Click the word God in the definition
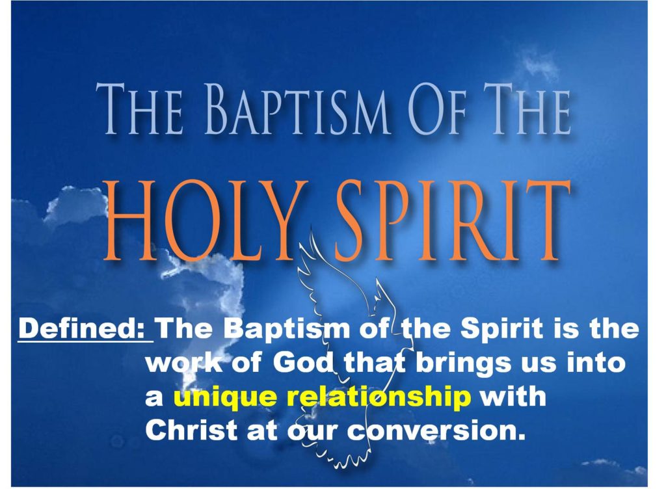tap(300, 363)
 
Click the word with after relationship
tap(513, 397)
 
